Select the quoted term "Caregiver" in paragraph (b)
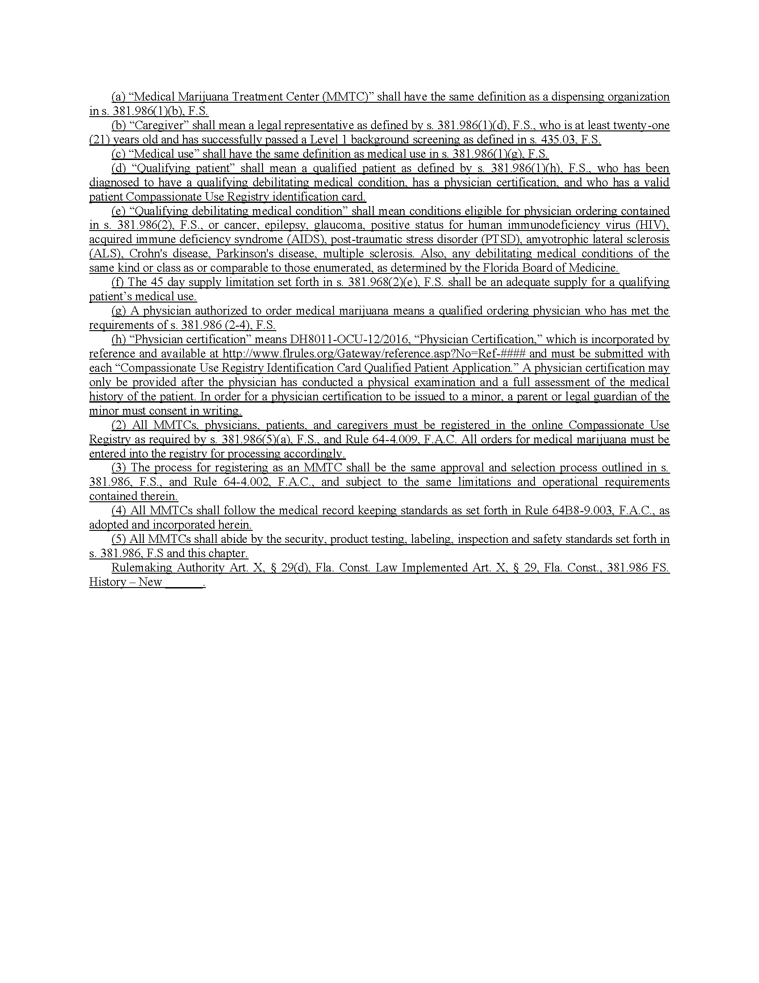pos(159,125)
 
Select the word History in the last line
pos(107,582)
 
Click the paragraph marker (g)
pos(118,311)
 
